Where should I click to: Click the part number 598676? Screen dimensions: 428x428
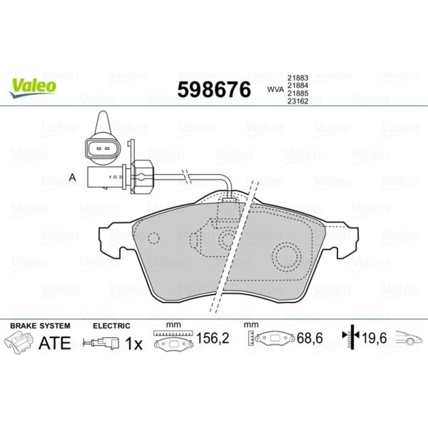click(x=214, y=90)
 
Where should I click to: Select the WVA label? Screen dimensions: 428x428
click(x=275, y=89)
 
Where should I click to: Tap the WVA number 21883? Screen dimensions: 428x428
click(x=298, y=78)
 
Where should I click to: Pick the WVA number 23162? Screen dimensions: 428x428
click(x=298, y=101)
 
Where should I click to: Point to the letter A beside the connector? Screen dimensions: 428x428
click(x=72, y=178)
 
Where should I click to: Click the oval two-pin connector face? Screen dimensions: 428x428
click(x=103, y=149)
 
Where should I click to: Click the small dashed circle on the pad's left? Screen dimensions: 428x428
click(x=153, y=238)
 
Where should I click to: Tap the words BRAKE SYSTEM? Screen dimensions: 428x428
click(x=40, y=326)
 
